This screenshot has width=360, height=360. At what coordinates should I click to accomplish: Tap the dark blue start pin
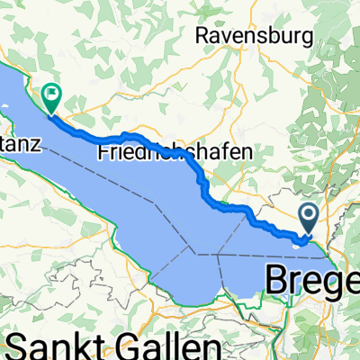pyautogui.click(x=309, y=217)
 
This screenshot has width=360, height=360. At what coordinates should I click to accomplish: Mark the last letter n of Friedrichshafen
pyautogui.click(x=245, y=154)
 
